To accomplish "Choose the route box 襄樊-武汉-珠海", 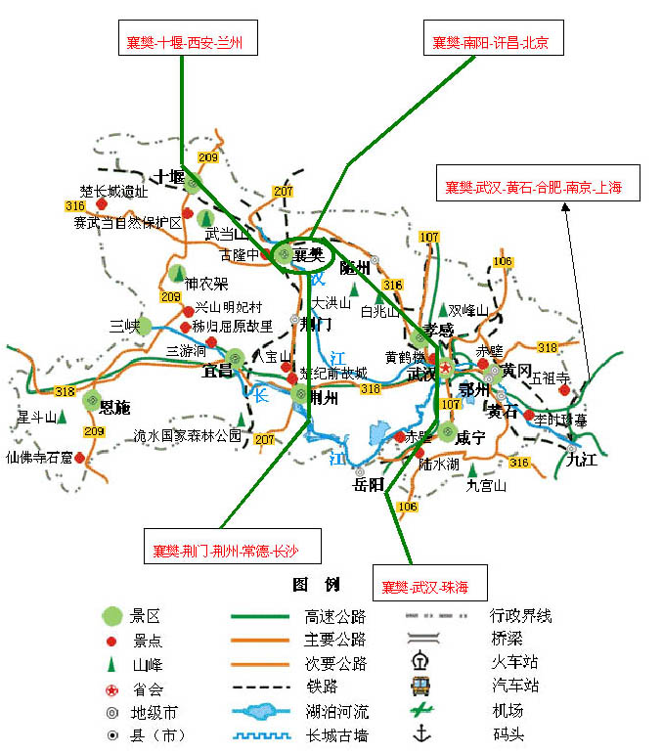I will pos(425,587).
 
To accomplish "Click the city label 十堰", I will pos(164,177).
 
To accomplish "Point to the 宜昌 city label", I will pos(217,371).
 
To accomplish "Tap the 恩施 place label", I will pos(114,407).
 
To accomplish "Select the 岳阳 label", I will pos(371,484).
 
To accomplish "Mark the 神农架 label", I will pos(206,284).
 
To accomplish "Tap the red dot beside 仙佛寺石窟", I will pos(79,457).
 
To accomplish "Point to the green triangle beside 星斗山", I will pos(63,418).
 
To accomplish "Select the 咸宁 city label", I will pos(471,437).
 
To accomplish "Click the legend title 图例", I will pos(316,585).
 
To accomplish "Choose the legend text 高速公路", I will pos(335,616).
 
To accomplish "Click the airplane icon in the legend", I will pos(421,709).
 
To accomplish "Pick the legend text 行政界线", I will pos(520,615).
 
